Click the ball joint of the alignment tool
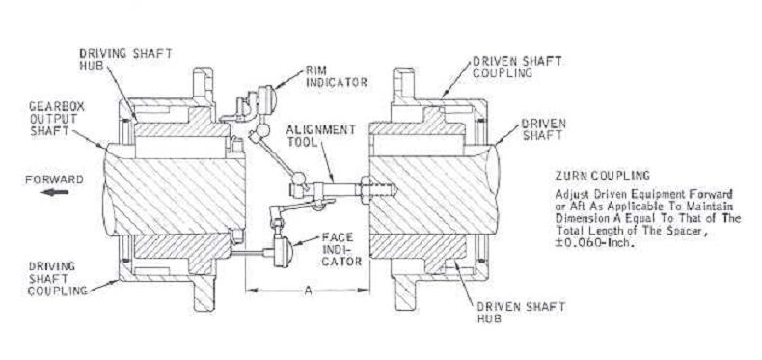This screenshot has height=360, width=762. point(300,180)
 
